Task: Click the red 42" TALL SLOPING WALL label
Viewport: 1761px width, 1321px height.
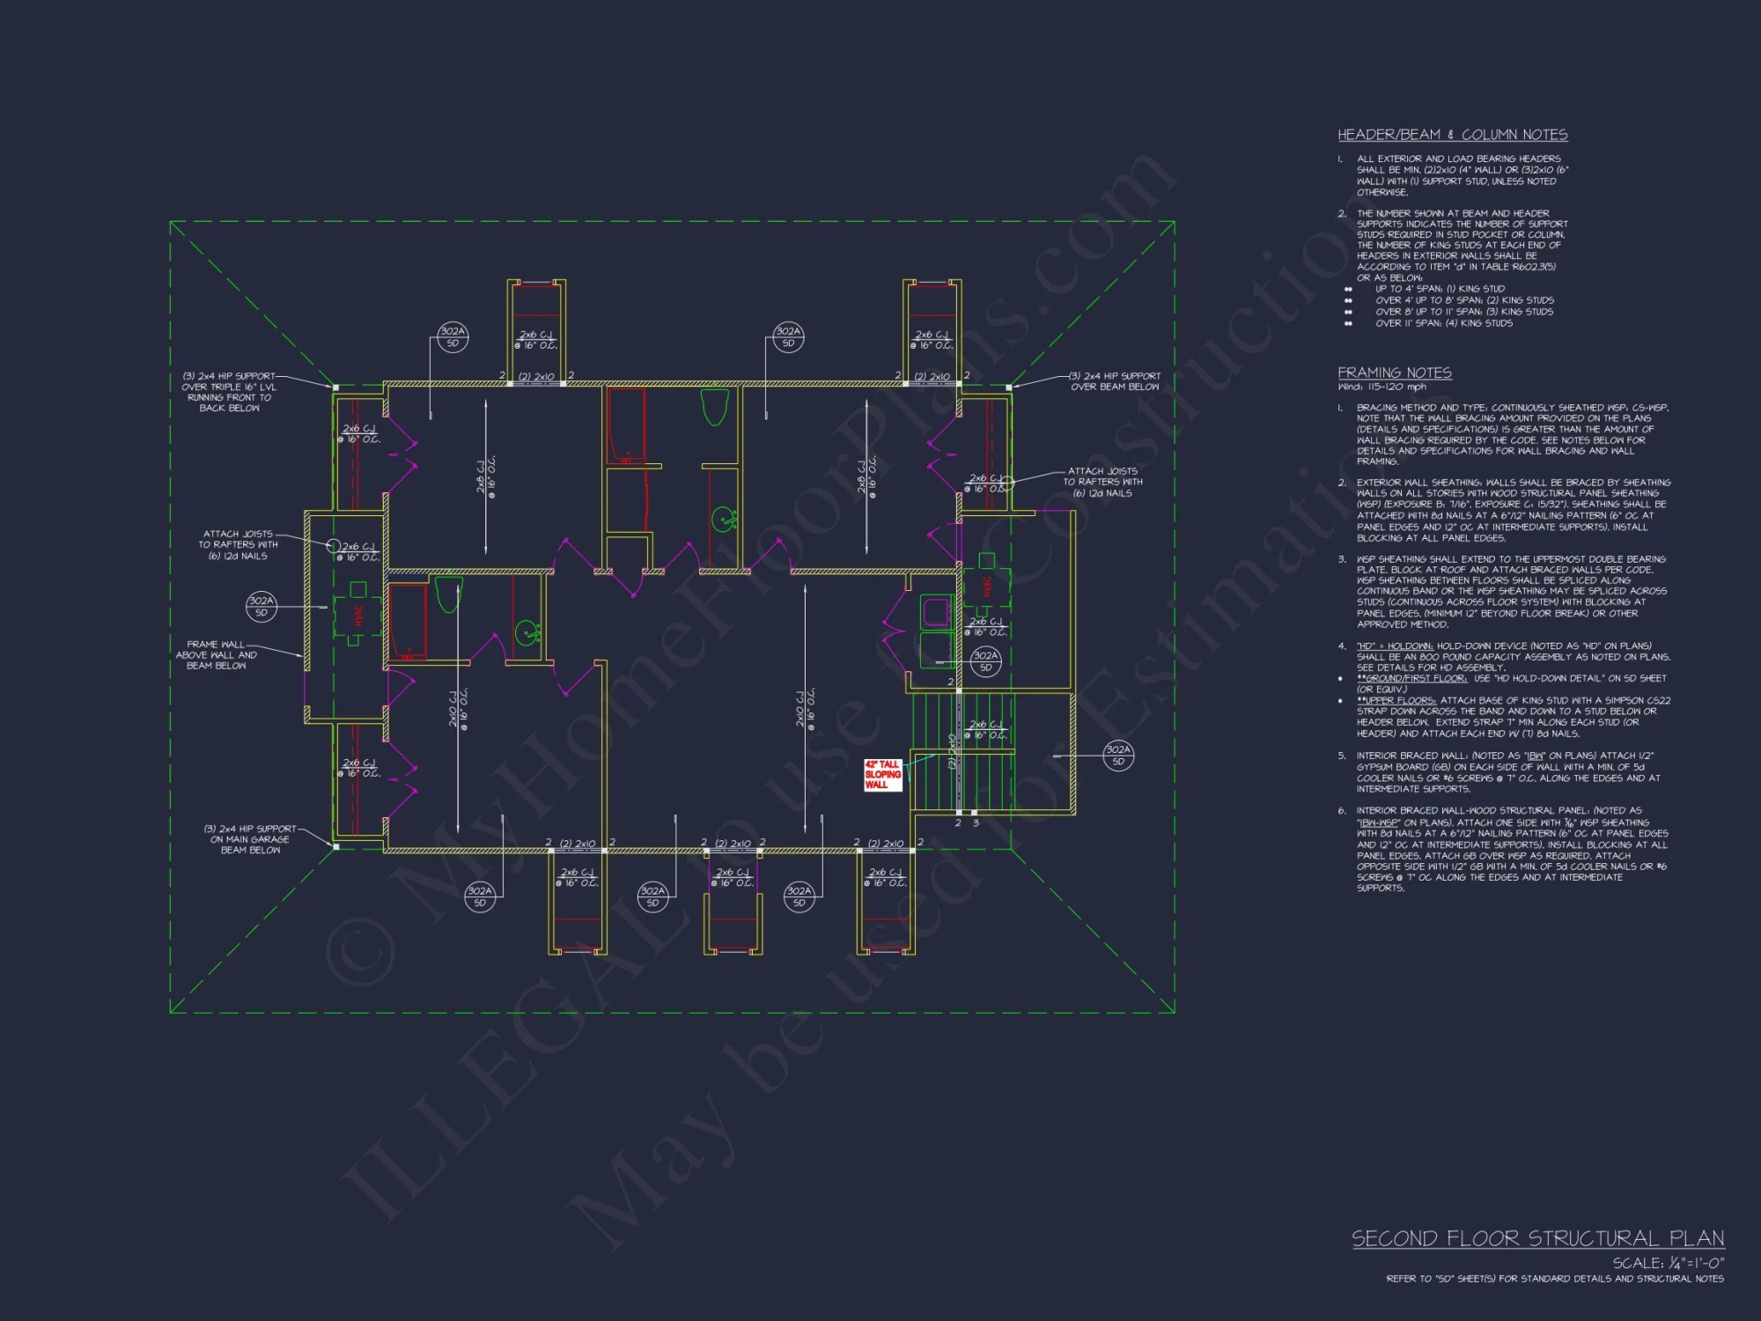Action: pyautogui.click(x=882, y=775)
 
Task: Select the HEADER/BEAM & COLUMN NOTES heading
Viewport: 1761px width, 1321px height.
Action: pyautogui.click(x=1452, y=135)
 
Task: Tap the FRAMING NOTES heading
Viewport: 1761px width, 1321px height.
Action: pyautogui.click(x=1394, y=373)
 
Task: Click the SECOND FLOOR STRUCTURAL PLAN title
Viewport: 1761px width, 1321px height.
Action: pyautogui.click(x=1537, y=1238)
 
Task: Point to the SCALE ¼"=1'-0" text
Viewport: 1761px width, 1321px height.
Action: pyautogui.click(x=1668, y=1263)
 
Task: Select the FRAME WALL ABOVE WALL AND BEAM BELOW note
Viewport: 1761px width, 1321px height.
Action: pyautogui.click(x=217, y=655)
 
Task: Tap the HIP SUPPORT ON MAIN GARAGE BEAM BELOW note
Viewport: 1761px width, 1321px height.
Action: pyautogui.click(x=250, y=839)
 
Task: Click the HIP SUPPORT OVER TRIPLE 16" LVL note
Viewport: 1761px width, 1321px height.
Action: pyautogui.click(x=229, y=392)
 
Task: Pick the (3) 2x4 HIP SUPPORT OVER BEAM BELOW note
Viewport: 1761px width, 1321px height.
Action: pyautogui.click(x=1115, y=381)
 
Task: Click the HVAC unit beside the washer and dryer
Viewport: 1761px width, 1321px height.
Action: pyautogui.click(x=986, y=586)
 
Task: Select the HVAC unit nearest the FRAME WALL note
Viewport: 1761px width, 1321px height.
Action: pyautogui.click(x=357, y=613)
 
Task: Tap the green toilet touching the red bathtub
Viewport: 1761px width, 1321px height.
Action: pyautogui.click(x=448, y=594)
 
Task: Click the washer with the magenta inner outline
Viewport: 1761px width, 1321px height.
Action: pyautogui.click(x=935, y=611)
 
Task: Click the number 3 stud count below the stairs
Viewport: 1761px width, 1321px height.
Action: pyautogui.click(x=976, y=823)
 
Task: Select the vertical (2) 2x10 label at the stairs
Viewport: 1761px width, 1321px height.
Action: pyautogui.click(x=951, y=751)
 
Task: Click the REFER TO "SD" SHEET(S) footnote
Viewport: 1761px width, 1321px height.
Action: pyautogui.click(x=1554, y=1279)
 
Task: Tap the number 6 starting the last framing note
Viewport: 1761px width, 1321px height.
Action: pyautogui.click(x=1341, y=811)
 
